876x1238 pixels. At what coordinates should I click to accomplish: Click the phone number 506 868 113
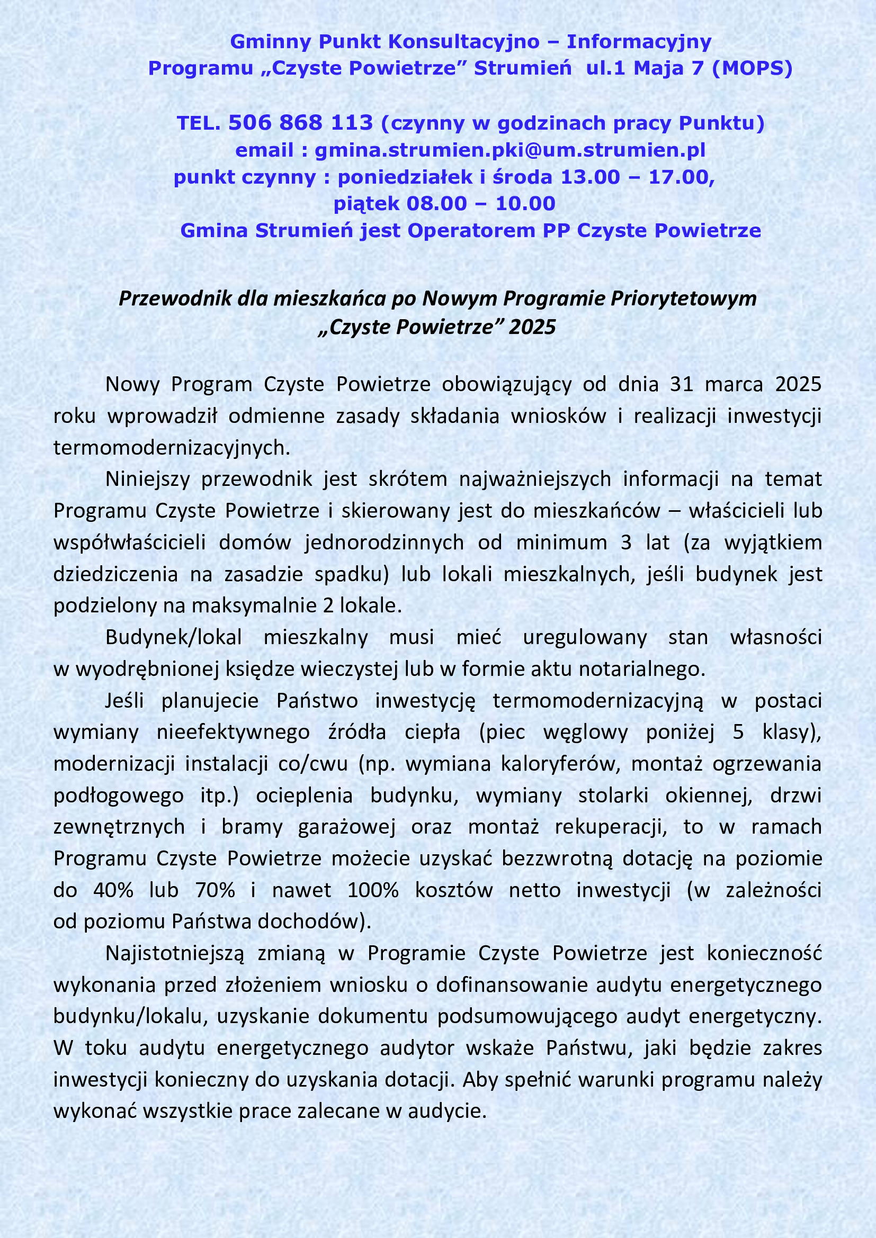[300, 123]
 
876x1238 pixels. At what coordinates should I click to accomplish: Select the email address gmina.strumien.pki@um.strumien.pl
[509, 150]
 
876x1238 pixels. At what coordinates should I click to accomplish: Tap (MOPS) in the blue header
[752, 68]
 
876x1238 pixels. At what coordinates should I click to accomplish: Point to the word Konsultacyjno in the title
[464, 41]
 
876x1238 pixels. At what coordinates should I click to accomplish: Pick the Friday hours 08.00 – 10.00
[480, 204]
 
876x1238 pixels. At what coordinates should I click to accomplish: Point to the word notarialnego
[642, 668]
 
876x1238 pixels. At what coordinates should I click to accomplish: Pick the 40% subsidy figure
[113, 890]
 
